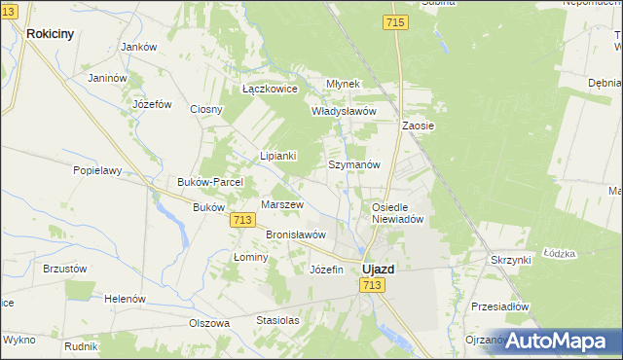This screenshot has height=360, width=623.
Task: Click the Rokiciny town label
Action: pyautogui.click(x=51, y=33)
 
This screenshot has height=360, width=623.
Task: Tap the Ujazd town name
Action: pyautogui.click(x=378, y=268)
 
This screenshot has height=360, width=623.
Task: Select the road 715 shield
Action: pyautogui.click(x=395, y=22)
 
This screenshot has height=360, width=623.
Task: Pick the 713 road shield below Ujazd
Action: pyautogui.click(x=371, y=284)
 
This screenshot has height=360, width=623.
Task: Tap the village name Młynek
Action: pyautogui.click(x=343, y=85)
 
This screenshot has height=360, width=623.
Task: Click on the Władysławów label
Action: pyautogui.click(x=343, y=111)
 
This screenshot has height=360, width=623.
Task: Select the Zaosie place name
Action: pyautogui.click(x=418, y=126)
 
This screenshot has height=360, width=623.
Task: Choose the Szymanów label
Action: pyautogui.click(x=352, y=165)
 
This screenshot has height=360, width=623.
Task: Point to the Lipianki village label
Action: pyautogui.click(x=277, y=156)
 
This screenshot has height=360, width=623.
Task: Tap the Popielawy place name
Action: pyautogui.click(x=97, y=170)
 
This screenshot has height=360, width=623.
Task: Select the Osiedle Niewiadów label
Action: pyautogui.click(x=399, y=213)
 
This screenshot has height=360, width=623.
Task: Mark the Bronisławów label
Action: pyautogui.click(x=295, y=234)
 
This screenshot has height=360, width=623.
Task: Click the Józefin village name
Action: pyautogui.click(x=326, y=270)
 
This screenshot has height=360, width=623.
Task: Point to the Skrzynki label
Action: pyautogui.click(x=510, y=261)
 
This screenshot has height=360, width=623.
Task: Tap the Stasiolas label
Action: pyautogui.click(x=277, y=320)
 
